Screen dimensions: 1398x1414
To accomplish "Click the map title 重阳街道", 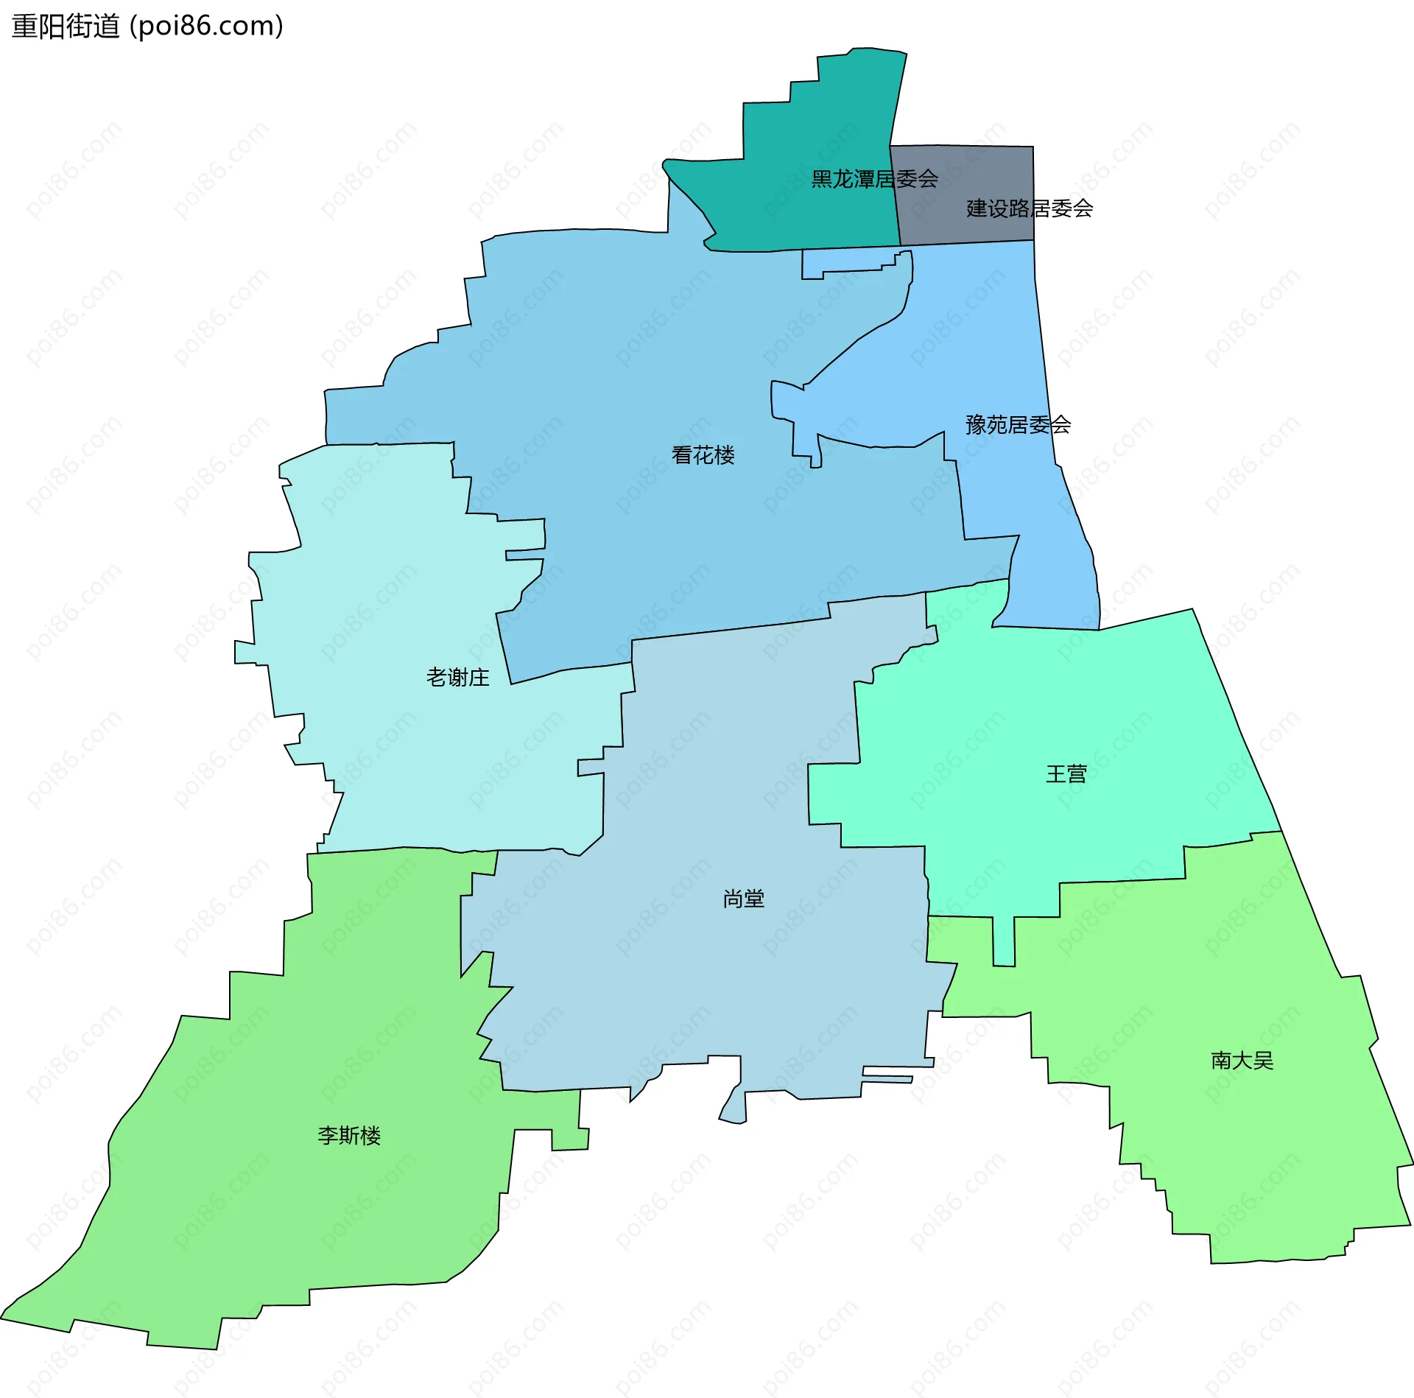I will [66, 27].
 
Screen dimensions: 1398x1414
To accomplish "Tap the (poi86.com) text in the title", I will [206, 27].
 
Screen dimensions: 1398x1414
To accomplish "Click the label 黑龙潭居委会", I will [874, 179].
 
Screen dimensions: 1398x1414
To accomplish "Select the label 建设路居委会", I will [1029, 208].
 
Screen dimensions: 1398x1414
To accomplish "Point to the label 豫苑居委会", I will [1018, 425].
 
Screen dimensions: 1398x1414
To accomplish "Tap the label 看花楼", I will [703, 455].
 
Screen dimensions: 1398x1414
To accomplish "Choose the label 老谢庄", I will [457, 677].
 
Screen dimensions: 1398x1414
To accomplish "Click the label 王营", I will [1066, 774].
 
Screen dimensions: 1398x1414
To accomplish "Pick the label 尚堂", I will [743, 899].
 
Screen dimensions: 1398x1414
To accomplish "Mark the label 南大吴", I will [1242, 1061].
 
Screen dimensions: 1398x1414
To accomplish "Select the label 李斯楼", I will [349, 1136].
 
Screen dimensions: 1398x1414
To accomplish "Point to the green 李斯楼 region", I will [295, 1215].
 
